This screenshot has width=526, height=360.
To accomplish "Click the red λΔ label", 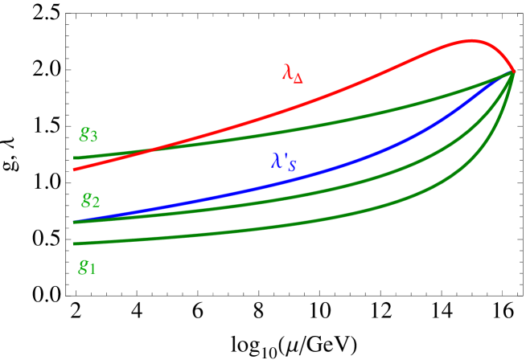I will click(x=293, y=73).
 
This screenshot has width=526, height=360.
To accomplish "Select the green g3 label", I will click(x=88, y=134).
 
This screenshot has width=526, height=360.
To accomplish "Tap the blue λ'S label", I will click(x=283, y=162).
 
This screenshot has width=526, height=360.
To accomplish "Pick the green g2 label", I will click(x=91, y=199).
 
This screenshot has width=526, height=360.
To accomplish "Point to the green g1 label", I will click(x=87, y=267).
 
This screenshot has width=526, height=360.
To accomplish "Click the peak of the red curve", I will click(x=472, y=40).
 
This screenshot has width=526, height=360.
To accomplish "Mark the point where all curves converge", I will click(x=513, y=73).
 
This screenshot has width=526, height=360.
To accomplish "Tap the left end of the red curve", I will click(x=74, y=170).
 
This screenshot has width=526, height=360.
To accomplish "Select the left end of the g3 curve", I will click(x=74, y=157).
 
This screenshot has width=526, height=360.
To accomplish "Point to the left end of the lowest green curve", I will click(x=74, y=243).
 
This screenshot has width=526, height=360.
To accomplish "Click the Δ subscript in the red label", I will click(x=298, y=77).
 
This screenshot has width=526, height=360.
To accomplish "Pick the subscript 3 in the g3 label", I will click(x=94, y=137).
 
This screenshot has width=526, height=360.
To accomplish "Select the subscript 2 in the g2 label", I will click(x=97, y=202).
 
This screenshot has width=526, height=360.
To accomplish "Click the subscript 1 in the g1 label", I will click(x=92, y=270).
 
